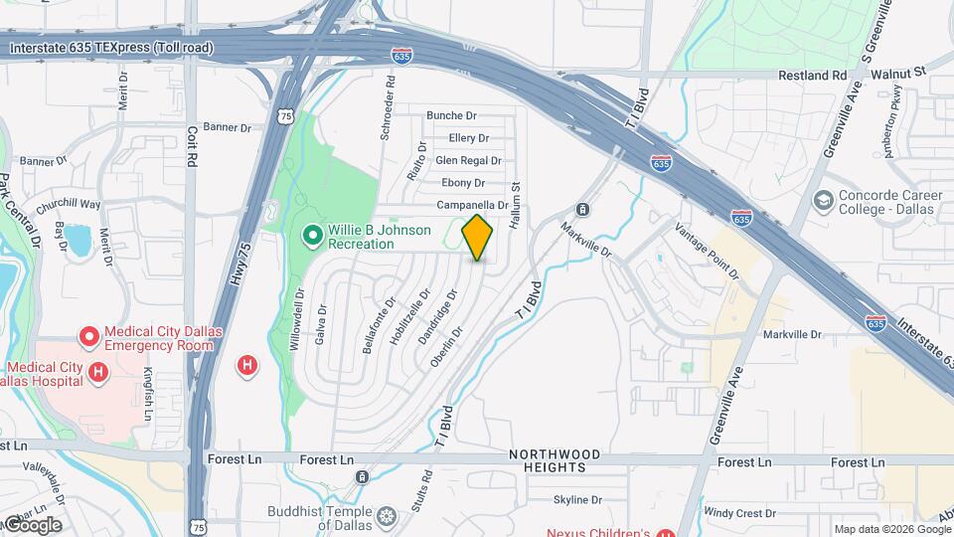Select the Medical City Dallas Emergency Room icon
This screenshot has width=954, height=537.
click(x=89, y=338)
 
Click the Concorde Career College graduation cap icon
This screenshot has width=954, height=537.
click(x=823, y=202)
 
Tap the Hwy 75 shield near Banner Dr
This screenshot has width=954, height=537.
click(x=286, y=116)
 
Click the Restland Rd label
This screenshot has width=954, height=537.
click(x=811, y=76)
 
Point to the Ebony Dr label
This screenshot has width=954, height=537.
click(x=463, y=183)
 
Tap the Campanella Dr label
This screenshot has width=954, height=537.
click(x=473, y=205)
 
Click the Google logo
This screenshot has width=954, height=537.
click(x=32, y=524)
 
